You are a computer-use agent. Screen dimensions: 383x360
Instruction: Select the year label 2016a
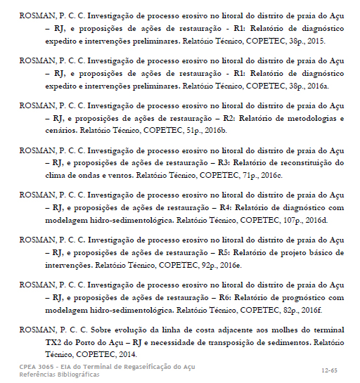(x=314, y=85)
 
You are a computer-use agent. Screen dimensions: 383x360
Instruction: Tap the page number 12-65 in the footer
(x=328, y=369)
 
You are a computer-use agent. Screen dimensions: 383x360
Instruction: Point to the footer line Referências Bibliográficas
(x=59, y=375)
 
